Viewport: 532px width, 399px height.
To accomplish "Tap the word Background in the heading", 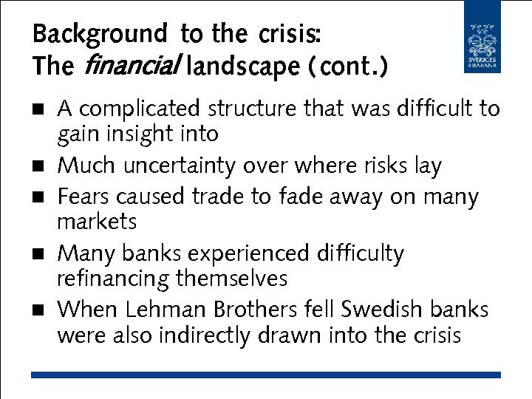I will (x=100, y=34).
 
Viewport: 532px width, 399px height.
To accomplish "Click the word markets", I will (x=97, y=222).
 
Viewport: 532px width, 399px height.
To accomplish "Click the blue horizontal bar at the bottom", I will (x=266, y=375).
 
